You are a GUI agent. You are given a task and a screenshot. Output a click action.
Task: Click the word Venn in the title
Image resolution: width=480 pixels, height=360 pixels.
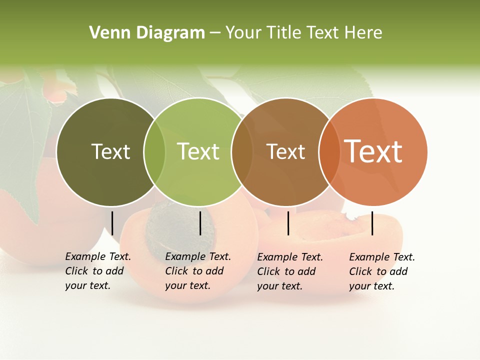tap(105, 33)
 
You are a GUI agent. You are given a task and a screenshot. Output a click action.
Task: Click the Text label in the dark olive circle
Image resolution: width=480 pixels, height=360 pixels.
tap(110, 151)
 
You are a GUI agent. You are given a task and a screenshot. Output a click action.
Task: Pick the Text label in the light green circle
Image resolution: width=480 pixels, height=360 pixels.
tap(198, 151)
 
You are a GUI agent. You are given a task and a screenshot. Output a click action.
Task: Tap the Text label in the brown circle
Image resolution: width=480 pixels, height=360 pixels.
tap(285, 151)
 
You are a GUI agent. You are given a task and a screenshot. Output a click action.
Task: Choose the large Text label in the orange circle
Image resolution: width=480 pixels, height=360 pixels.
tap(373, 151)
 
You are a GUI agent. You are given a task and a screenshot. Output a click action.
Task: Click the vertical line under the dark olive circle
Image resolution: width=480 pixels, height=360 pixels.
tap(112, 223)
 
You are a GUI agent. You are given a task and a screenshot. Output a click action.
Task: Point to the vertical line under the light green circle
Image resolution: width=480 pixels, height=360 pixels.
tap(200, 223)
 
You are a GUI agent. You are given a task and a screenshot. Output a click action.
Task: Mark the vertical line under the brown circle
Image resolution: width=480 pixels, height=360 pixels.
tap(288, 223)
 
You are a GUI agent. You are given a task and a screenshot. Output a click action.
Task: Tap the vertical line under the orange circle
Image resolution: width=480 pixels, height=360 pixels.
tap(372, 223)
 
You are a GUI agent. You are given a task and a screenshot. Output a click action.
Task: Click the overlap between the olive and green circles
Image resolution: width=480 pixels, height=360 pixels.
tap(154, 152)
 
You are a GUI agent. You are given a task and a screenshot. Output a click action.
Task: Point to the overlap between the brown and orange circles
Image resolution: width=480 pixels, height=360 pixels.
tap(329, 152)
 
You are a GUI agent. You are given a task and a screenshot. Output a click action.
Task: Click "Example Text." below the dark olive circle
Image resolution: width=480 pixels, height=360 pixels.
tap(98, 257)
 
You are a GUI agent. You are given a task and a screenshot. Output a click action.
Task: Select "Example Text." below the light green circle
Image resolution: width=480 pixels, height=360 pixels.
tap(198, 257)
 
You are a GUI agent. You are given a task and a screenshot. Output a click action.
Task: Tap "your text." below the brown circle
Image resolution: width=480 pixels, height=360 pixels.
tap(279, 286)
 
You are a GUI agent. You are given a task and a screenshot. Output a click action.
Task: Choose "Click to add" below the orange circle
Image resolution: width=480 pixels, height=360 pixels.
tap(378, 271)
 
